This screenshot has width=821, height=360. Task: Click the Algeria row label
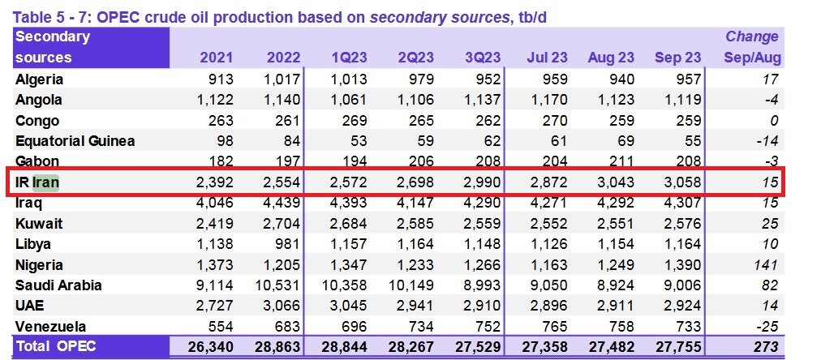click(x=39, y=79)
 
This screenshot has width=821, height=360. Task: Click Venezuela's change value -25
click(x=767, y=327)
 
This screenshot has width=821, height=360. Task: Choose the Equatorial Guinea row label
click(x=75, y=141)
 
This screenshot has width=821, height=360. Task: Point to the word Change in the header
click(x=752, y=36)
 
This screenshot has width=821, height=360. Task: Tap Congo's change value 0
click(x=774, y=121)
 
